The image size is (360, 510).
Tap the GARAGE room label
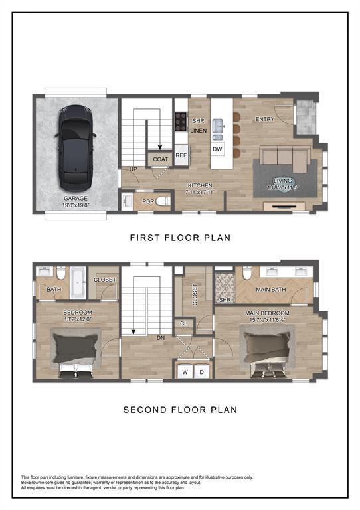click(x=76, y=198)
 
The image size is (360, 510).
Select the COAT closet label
click(x=160, y=159)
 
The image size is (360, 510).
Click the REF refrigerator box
click(x=181, y=155)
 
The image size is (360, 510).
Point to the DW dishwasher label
click(x=217, y=149)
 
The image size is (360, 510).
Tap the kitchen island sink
click(x=217, y=125)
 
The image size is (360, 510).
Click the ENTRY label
click(x=265, y=119)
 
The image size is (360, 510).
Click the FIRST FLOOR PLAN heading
click(x=179, y=237)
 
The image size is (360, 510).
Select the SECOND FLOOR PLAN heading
click(x=179, y=410)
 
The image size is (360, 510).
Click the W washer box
click(x=185, y=372)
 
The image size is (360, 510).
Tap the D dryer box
click(x=201, y=372)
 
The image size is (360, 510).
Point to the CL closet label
click(x=184, y=323)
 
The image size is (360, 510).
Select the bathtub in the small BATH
click(x=78, y=282)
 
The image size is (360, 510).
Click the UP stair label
click(x=133, y=170)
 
